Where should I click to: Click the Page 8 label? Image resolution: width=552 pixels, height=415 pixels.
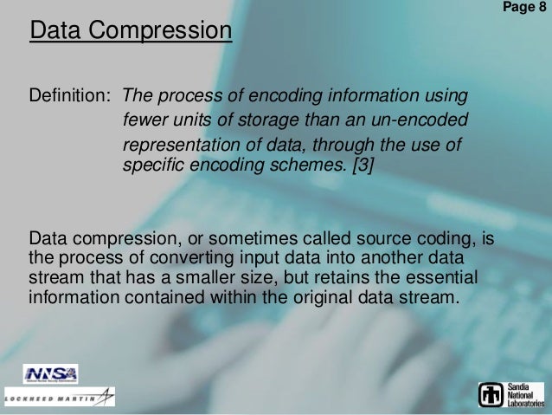point(525,7)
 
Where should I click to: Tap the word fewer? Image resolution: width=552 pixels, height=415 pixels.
point(145,118)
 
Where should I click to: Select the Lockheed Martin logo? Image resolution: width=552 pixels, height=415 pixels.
point(58,398)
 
